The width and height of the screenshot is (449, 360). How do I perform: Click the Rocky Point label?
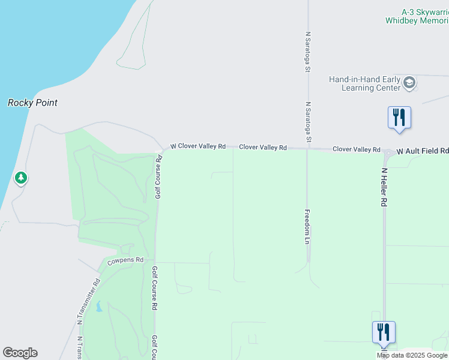click(x=32, y=103)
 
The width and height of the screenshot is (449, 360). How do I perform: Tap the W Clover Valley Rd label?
click(x=197, y=146)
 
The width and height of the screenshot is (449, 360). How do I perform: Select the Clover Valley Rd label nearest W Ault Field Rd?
click(x=357, y=149)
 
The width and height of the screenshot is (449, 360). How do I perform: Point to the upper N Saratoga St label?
click(x=307, y=52)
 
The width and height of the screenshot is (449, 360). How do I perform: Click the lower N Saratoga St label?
click(x=309, y=122)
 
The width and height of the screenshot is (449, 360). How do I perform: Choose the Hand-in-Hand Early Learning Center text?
click(x=364, y=83)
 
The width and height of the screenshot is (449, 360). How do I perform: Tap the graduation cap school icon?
click(x=409, y=83)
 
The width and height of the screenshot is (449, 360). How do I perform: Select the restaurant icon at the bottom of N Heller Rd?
click(x=384, y=332)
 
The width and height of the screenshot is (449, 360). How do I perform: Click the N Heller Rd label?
click(x=383, y=187)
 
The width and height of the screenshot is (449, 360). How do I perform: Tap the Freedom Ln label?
click(x=307, y=226)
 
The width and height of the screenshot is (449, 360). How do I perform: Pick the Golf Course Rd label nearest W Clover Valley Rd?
click(x=158, y=177)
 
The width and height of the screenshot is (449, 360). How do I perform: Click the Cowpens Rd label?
click(x=125, y=261)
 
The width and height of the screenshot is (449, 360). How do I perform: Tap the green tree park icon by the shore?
click(x=21, y=178)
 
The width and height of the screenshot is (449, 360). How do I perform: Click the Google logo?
click(x=20, y=353)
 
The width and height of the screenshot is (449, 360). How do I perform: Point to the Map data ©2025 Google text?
click(x=412, y=355)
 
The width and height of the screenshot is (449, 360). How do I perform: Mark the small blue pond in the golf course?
click(x=98, y=307)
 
